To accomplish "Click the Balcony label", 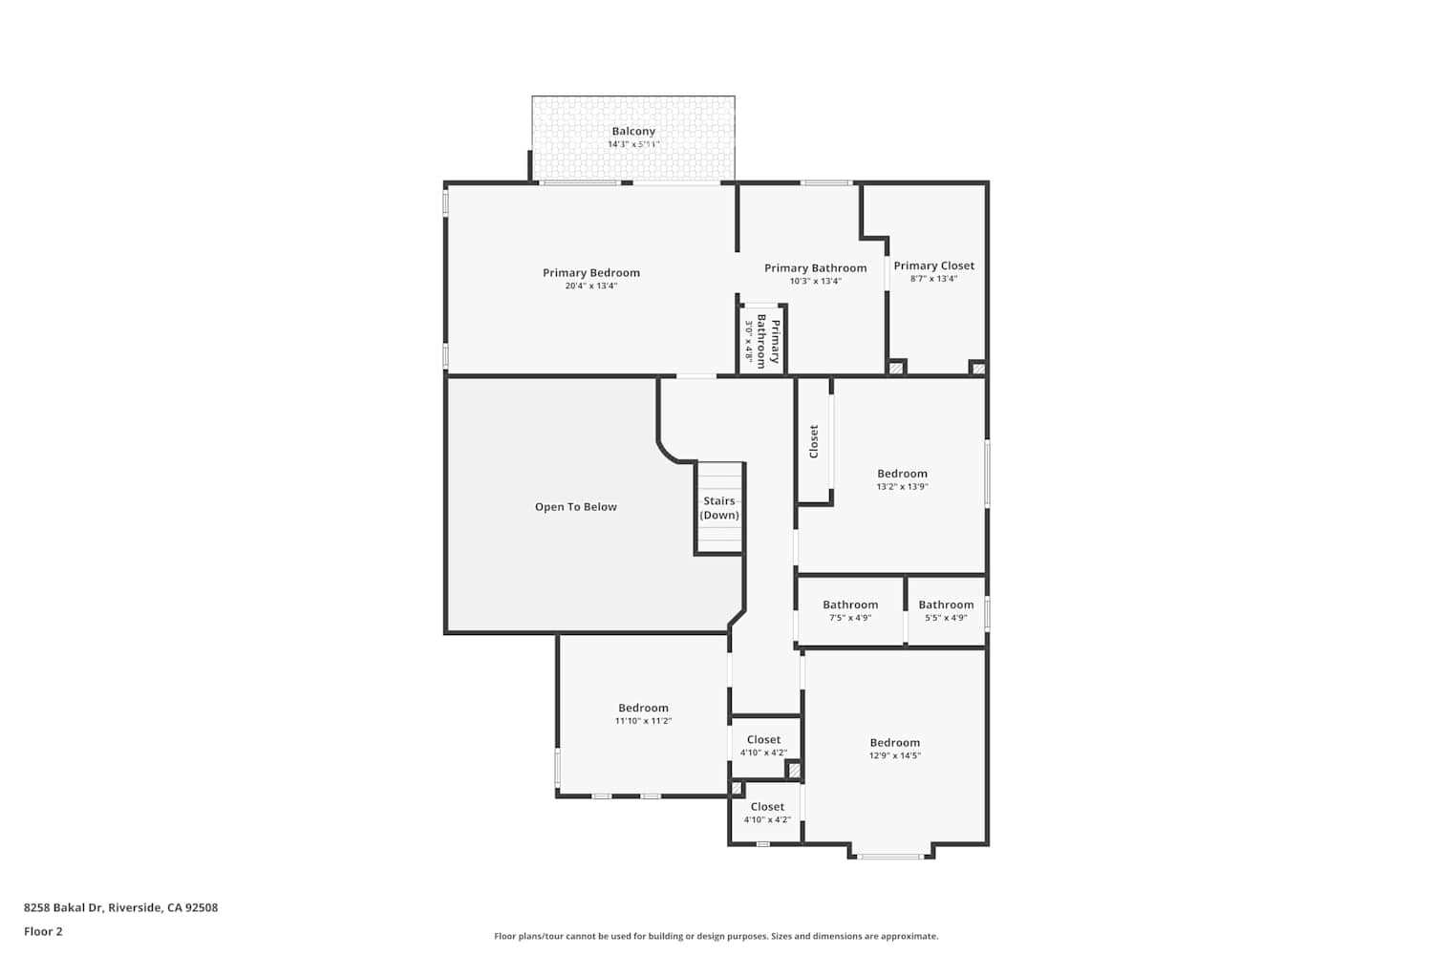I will tap(633, 132).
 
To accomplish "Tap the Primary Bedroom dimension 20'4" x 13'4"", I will tap(591, 286).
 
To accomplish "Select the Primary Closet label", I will tap(933, 266).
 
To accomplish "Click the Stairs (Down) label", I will tap(719, 508).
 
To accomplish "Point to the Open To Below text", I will tap(575, 507).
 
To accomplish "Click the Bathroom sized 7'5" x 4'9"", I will tap(850, 611).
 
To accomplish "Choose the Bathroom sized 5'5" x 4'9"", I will tap(946, 611).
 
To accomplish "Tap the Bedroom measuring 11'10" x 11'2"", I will tap(643, 714).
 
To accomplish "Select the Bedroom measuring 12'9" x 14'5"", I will tap(894, 749).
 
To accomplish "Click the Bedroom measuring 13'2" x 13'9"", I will tap(902, 479).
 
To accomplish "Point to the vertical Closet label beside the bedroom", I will tap(814, 441).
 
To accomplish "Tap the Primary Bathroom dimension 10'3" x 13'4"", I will tap(815, 282).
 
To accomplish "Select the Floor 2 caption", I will tap(43, 931).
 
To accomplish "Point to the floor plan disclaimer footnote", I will tap(716, 937).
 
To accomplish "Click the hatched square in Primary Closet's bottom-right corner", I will tap(977, 368).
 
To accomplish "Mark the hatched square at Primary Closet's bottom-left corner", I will tap(896, 368).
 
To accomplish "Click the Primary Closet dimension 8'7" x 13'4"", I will tap(933, 279).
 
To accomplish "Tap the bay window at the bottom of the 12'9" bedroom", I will tap(890, 856).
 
